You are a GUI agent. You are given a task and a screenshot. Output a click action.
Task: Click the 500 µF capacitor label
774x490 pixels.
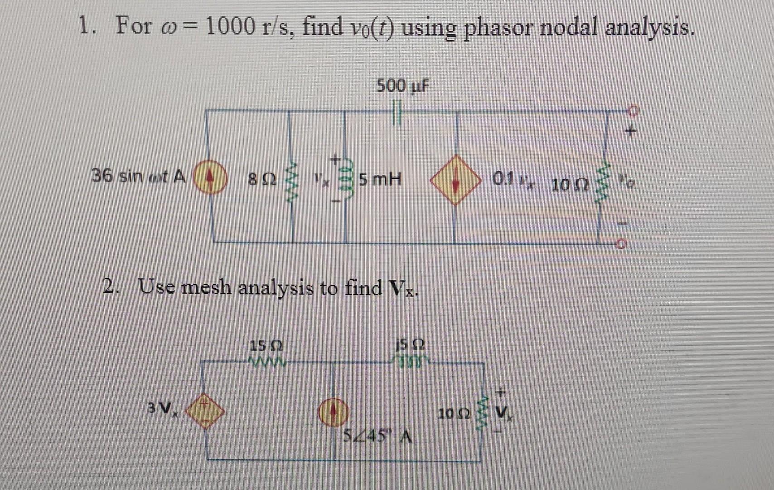pyautogui.click(x=402, y=85)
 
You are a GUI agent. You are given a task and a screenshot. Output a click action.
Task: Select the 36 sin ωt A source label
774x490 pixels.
pyautogui.click(x=139, y=176)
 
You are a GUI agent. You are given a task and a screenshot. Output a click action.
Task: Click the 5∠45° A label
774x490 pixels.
pyautogui.click(x=377, y=437)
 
